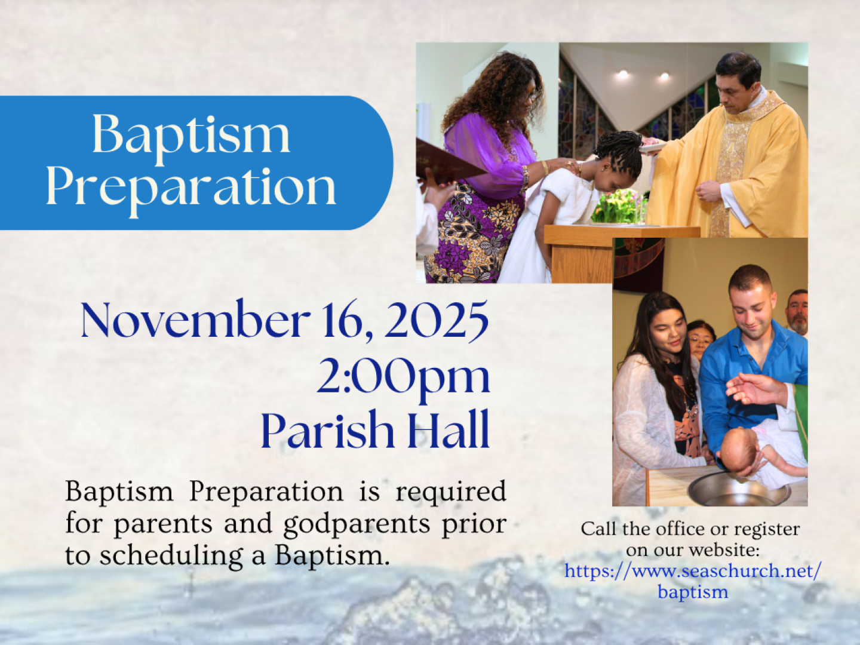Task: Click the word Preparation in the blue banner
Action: click(191, 191)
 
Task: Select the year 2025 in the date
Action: click(437, 320)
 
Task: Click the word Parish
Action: click(327, 429)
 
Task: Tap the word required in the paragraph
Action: click(451, 491)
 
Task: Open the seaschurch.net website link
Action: click(693, 581)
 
